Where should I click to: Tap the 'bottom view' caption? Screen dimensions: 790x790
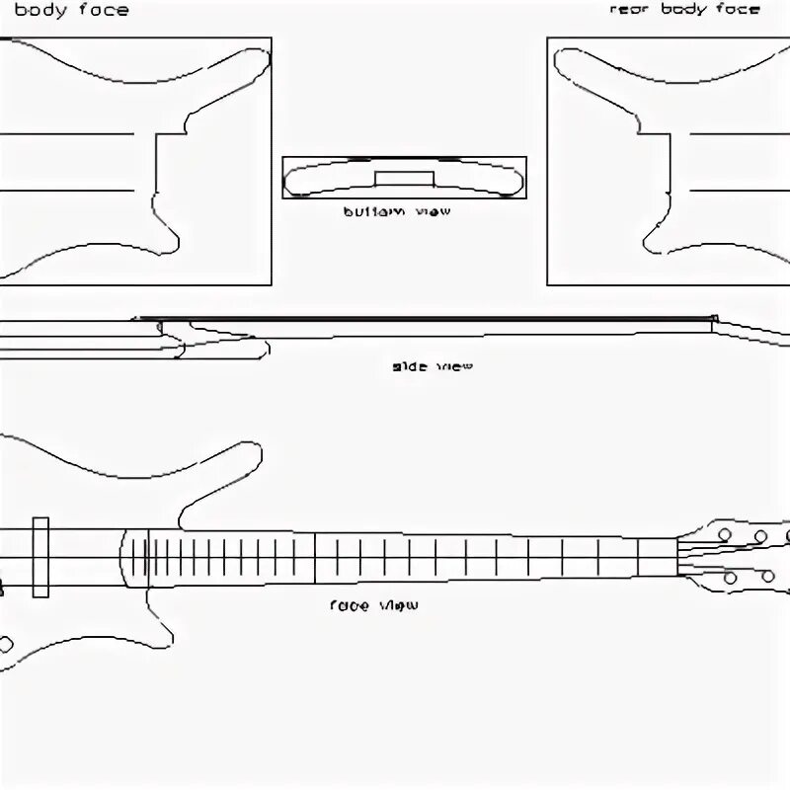coord(396,211)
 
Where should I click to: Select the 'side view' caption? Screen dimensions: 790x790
coord(433,366)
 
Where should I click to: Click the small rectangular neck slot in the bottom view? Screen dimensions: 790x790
coord(404,178)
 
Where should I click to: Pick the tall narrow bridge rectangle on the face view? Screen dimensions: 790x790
coord(40,557)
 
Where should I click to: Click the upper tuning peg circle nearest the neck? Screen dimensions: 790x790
coord(725,533)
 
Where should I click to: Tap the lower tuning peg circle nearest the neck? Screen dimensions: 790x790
coord(731,578)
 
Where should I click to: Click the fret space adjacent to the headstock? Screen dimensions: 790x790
coord(657,556)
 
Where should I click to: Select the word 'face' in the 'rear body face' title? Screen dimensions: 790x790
coord(738,10)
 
